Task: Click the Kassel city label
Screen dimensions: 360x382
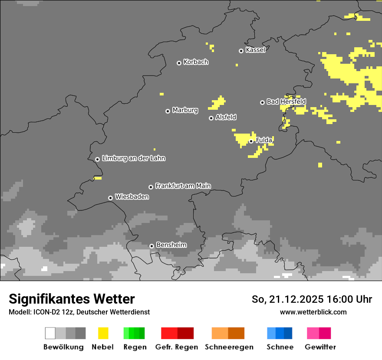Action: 255,50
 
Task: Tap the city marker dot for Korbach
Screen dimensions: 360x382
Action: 179,63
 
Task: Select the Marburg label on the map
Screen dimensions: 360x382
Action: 185,110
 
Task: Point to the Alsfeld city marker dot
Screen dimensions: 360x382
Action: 211,118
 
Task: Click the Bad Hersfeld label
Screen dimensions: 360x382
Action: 286,101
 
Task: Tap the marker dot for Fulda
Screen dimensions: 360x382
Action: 251,141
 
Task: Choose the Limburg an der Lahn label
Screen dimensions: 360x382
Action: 133,158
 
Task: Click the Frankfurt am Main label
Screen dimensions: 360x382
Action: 183,186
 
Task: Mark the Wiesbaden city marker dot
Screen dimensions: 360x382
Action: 110,198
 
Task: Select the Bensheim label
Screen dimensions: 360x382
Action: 171,245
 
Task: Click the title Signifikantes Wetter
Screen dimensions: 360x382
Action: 72,299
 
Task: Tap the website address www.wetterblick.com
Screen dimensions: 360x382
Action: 313,312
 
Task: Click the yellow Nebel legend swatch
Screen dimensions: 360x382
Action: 103,333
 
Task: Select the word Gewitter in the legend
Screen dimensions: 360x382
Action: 320,347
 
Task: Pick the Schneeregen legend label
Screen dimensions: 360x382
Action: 229,347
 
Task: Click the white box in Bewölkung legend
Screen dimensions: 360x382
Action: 50,333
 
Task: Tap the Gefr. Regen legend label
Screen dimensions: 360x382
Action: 177,347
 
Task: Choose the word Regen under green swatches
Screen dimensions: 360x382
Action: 135,347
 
